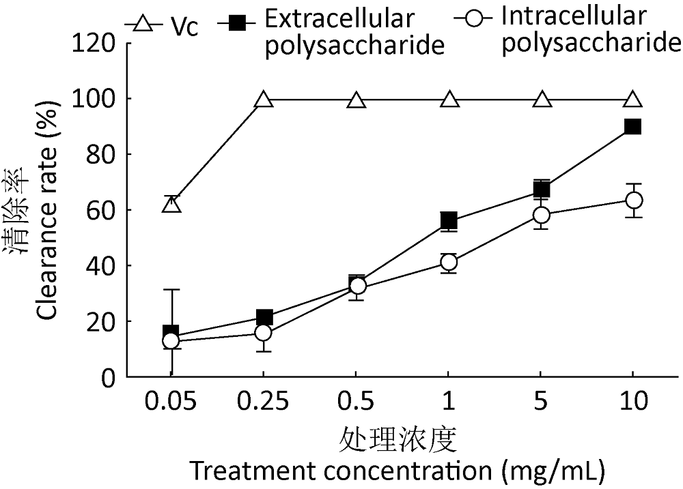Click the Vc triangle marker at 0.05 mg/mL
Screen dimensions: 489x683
click(x=171, y=204)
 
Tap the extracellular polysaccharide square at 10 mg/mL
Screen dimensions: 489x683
click(x=633, y=127)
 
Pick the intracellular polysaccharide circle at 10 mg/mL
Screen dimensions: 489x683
click(x=633, y=200)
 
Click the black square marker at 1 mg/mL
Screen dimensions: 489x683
click(x=449, y=221)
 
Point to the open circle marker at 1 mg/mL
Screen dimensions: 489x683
click(x=449, y=263)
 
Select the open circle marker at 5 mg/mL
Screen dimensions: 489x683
click(x=541, y=215)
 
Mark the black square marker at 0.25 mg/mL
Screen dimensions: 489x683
click(x=264, y=317)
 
